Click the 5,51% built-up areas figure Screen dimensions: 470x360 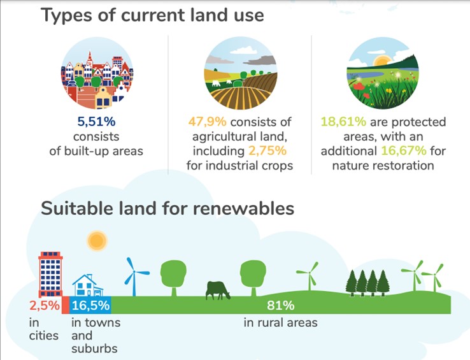[96, 122]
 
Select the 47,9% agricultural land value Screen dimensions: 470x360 [207, 122]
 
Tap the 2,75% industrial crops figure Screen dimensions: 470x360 [267, 150]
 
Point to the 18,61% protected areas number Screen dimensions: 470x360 [343, 122]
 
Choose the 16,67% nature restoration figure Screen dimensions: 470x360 [404, 150]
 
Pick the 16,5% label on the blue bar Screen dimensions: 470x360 [91, 305]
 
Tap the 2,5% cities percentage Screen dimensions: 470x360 [45, 305]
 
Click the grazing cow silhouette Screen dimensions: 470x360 [218, 291]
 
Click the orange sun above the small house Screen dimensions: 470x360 [97, 241]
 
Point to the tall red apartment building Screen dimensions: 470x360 [51, 274]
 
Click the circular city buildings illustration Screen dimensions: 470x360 [97, 73]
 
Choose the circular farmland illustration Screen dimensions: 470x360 [241, 73]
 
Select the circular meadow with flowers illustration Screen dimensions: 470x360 [383, 73]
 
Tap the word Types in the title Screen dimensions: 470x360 [66, 15]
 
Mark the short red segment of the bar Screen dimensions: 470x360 [66, 305]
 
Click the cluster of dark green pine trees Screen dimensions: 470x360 [367, 283]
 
